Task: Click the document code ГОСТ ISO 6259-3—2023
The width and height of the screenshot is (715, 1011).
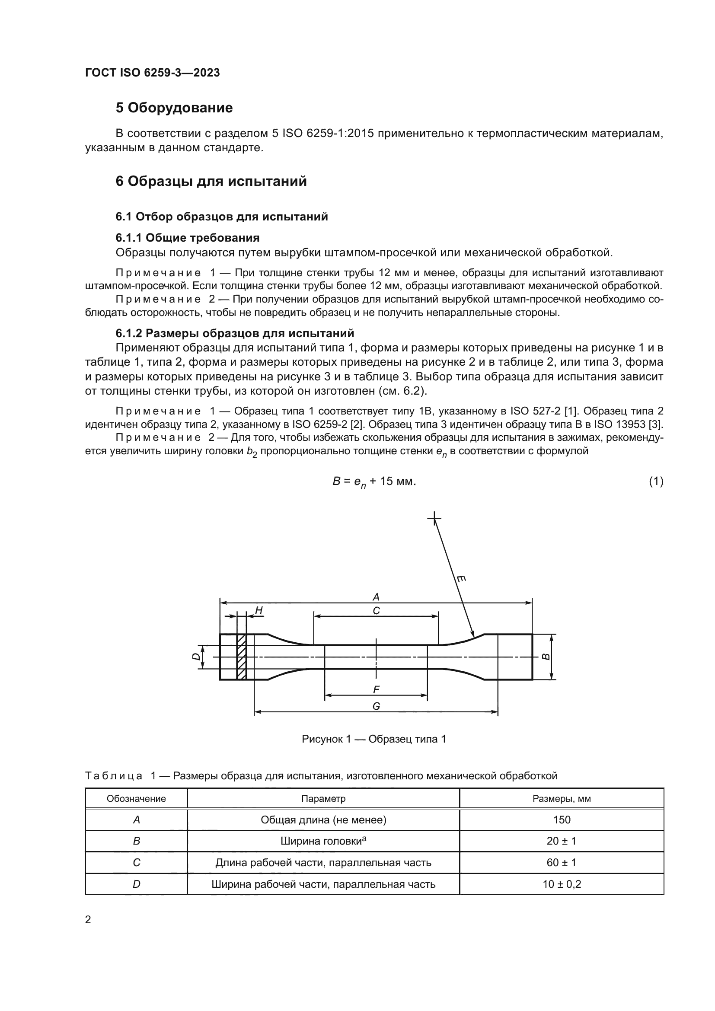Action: [x=152, y=73]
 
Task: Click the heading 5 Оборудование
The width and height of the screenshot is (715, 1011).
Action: [x=174, y=108]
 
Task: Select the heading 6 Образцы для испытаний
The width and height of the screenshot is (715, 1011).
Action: [x=211, y=182]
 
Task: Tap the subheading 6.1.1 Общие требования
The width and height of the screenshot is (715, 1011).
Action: [x=187, y=238]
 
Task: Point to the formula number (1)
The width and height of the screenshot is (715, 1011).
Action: [x=656, y=481]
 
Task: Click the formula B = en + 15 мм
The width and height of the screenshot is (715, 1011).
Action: [x=374, y=482]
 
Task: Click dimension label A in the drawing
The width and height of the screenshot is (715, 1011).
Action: [x=376, y=597]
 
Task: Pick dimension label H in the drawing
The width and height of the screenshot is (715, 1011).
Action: [x=259, y=610]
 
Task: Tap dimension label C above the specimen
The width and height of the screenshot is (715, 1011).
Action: [x=376, y=611]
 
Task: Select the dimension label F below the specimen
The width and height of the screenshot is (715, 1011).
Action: [x=376, y=689]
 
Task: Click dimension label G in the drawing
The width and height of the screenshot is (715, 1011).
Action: [x=376, y=706]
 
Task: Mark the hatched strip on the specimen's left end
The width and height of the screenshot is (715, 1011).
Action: [x=241, y=657]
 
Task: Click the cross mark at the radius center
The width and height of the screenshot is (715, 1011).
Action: [x=434, y=518]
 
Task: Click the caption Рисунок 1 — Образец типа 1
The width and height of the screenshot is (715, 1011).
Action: [x=374, y=739]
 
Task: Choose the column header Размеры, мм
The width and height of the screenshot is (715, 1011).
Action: [x=562, y=799]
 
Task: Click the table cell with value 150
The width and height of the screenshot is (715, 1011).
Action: [x=562, y=820]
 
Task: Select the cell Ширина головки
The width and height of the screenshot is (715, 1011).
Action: [x=323, y=841]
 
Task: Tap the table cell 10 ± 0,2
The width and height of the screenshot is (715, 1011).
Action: [x=562, y=884]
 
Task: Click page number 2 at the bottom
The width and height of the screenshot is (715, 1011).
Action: [x=88, y=920]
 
